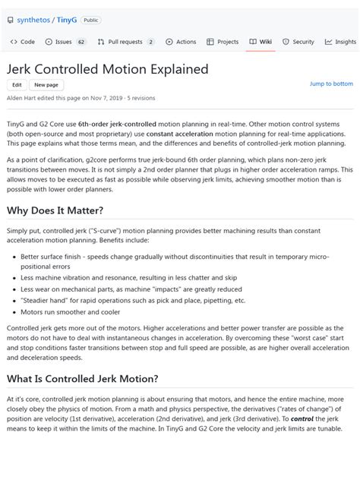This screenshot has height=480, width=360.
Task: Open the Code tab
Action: pyautogui.click(x=23, y=42)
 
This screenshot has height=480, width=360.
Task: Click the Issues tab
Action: pyautogui.click(x=61, y=42)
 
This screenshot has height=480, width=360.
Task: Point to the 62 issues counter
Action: pyautogui.click(x=81, y=42)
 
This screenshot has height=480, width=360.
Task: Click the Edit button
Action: pyautogui.click(x=17, y=85)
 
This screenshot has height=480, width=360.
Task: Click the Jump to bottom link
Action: pyautogui.click(x=331, y=84)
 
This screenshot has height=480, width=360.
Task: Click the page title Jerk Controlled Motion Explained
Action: pyautogui.click(x=107, y=69)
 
